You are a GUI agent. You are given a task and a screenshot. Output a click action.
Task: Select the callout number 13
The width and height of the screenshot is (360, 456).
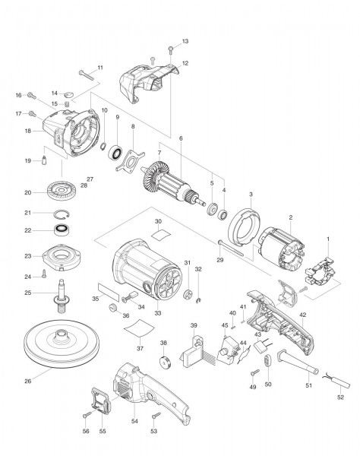tap(185, 40)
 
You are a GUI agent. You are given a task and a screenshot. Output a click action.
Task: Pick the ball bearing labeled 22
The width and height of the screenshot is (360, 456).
tap(62, 230)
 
